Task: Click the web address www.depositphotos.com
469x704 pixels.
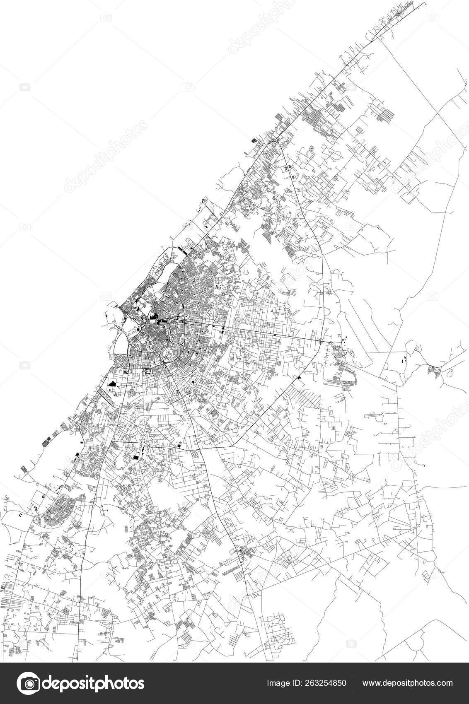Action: coord(408,683)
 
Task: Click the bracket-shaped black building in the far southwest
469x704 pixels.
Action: coord(19,514)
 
